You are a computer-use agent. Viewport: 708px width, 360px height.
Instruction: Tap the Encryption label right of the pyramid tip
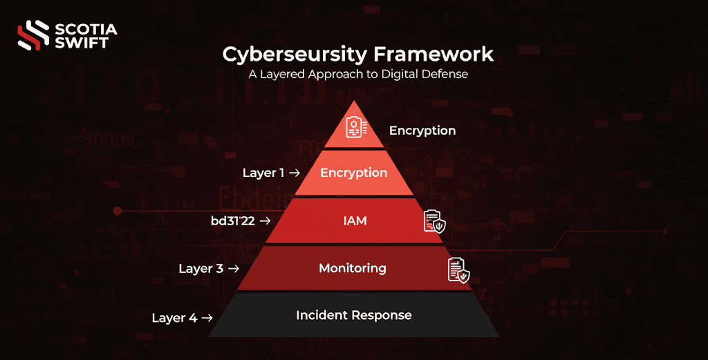pos(422,131)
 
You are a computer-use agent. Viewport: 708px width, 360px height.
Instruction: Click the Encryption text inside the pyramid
pos(354,173)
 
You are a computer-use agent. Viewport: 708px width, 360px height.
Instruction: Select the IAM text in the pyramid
pos(355,221)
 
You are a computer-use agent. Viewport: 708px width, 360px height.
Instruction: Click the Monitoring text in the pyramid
pos(353,268)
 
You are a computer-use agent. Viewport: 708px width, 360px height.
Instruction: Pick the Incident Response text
pos(354,315)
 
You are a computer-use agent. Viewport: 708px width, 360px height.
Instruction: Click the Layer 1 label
pos(263,173)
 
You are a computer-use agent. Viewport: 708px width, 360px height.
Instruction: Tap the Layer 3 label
pos(201,268)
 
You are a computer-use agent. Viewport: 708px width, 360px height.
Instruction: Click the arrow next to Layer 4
pos(206,318)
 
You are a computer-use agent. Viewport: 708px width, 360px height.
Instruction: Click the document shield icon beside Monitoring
pos(458,269)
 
